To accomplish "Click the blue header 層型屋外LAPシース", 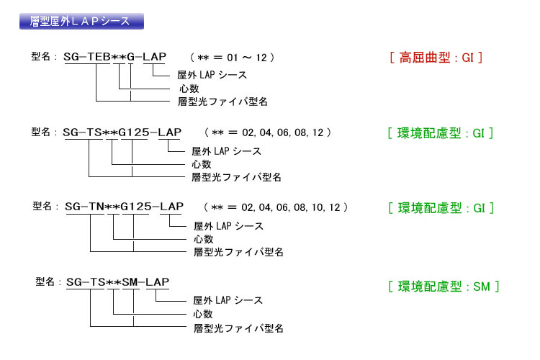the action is click(81, 22).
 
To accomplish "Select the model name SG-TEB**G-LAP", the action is click(115, 57).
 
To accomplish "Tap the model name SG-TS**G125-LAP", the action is click(122, 132).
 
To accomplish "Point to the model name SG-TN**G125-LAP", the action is click(124, 207).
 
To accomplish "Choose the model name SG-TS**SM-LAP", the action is click(118, 282).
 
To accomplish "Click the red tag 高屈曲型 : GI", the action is click(436, 57).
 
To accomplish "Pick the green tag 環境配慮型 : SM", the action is click(444, 287).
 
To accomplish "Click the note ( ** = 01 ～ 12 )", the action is click(232, 57).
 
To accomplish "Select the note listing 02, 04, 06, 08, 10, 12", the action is click(276, 207).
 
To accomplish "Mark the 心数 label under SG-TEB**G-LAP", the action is click(189, 89).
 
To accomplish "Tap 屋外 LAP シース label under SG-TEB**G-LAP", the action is click(212, 75).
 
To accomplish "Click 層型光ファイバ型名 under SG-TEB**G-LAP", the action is click(222, 102).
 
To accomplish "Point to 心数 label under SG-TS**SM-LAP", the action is click(203, 314).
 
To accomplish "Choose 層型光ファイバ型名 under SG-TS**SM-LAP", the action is click(238, 328).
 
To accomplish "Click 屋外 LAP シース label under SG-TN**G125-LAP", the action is click(229, 226).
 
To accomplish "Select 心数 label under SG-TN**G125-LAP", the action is click(204, 239).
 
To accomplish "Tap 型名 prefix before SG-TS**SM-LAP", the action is click(45, 282).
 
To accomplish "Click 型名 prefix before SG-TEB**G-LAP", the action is click(41, 56).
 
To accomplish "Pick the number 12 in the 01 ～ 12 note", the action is click(261, 58).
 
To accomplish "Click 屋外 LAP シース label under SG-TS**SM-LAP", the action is click(228, 300).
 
